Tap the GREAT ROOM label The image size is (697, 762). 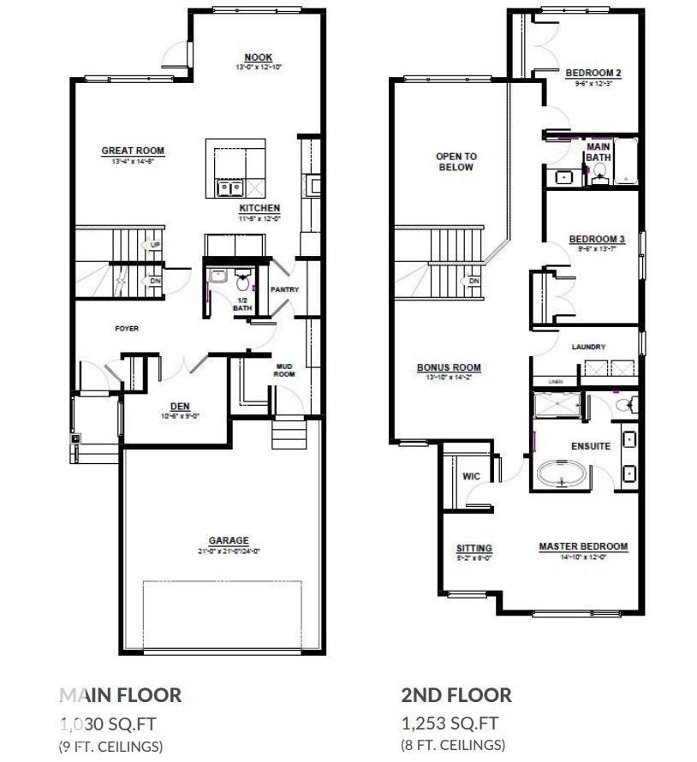click(x=133, y=152)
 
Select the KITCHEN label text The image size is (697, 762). click(x=259, y=209)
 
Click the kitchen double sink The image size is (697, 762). click(x=229, y=188)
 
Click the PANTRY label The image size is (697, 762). click(x=284, y=289)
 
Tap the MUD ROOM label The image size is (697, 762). click(x=284, y=370)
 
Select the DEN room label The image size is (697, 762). click(x=180, y=407)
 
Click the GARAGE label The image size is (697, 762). click(x=229, y=541)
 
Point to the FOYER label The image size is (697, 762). click(x=127, y=329)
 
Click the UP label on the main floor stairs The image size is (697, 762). click(x=155, y=245)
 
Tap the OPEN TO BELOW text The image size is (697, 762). click(x=456, y=162)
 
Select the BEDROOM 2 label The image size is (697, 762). click(x=593, y=74)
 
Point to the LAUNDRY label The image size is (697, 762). click(x=588, y=347)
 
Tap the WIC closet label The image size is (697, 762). click(x=471, y=476)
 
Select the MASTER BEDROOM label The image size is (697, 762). click(x=583, y=546)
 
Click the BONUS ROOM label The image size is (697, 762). click(x=449, y=368)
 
